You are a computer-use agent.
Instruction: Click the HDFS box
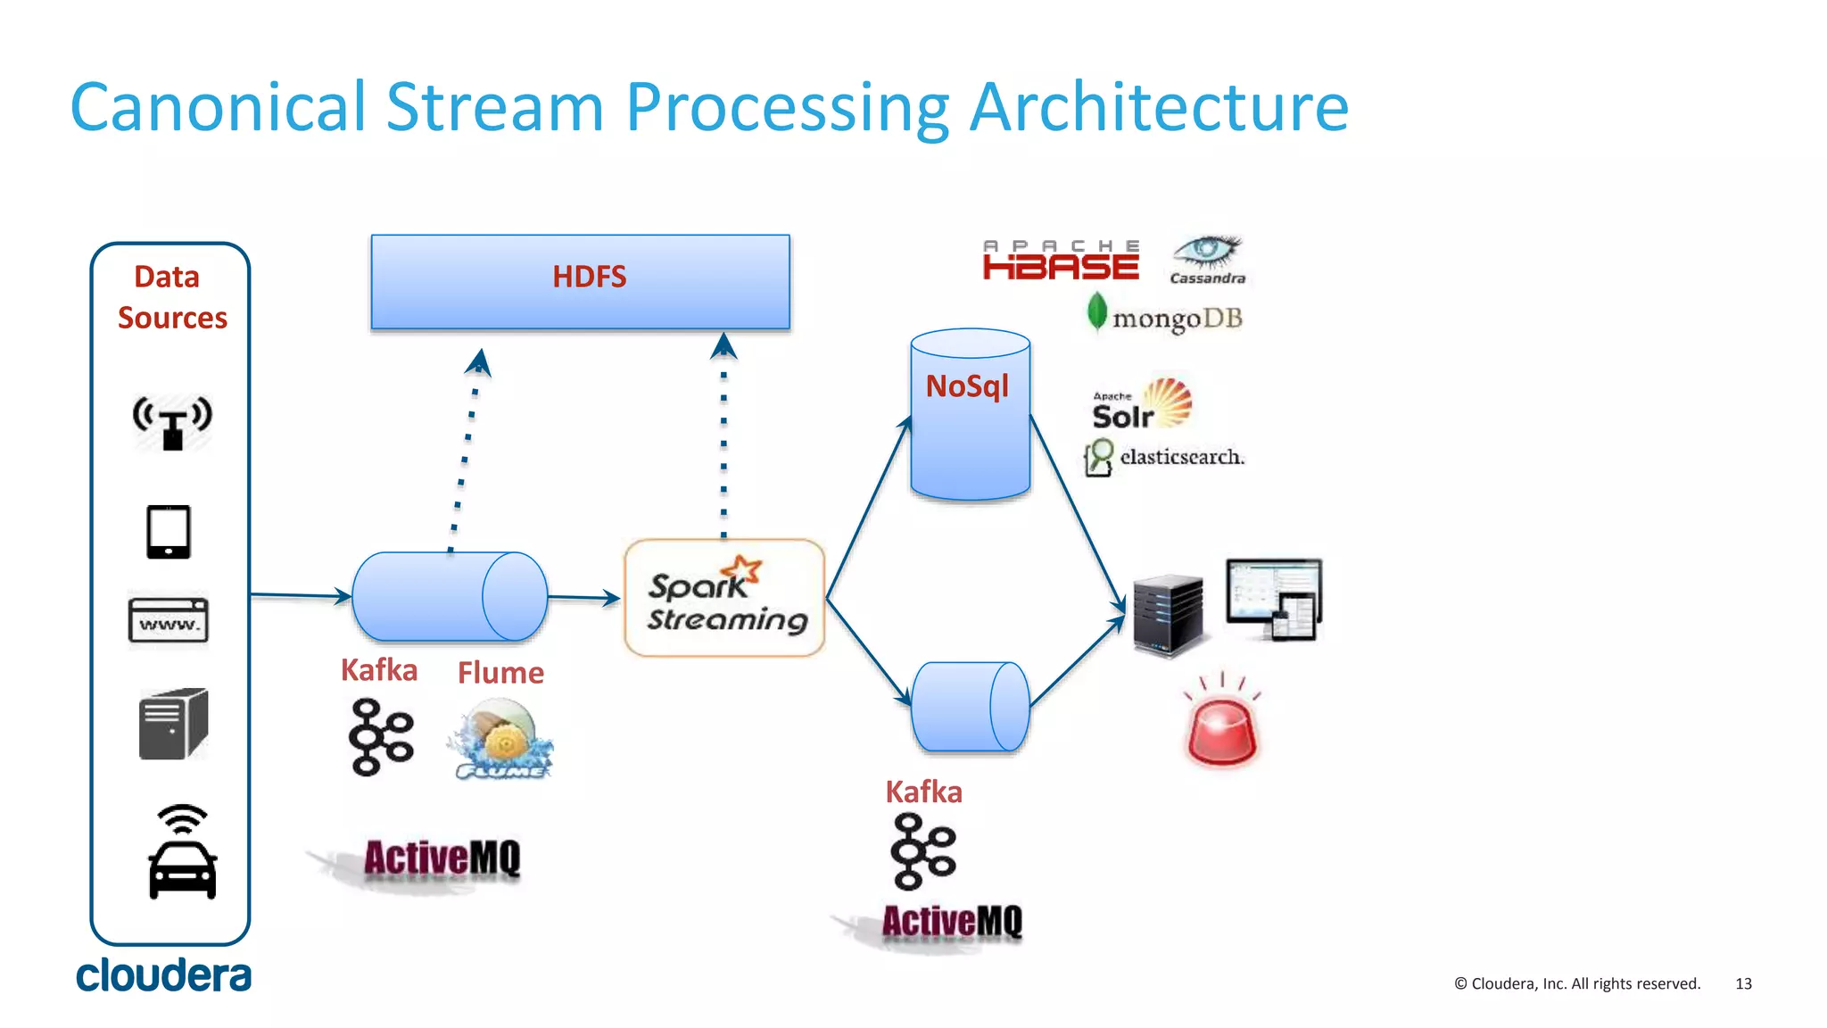tap(580, 281)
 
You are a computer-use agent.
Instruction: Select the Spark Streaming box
tap(724, 598)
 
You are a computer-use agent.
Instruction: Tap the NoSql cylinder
tap(970, 415)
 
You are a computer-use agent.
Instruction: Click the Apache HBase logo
tap(1061, 261)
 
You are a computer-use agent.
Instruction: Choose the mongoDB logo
tap(1164, 316)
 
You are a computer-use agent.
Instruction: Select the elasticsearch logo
tap(1164, 457)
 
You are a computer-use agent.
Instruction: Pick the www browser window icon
tap(169, 620)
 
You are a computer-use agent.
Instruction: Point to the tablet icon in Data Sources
tap(169, 532)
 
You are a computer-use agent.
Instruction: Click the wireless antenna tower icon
tap(172, 422)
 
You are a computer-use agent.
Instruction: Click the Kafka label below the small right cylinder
tap(923, 792)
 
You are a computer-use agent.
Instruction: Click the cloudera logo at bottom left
tap(163, 975)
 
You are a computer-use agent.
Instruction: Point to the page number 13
tap(1743, 983)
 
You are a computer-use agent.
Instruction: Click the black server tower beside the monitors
tap(1168, 615)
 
